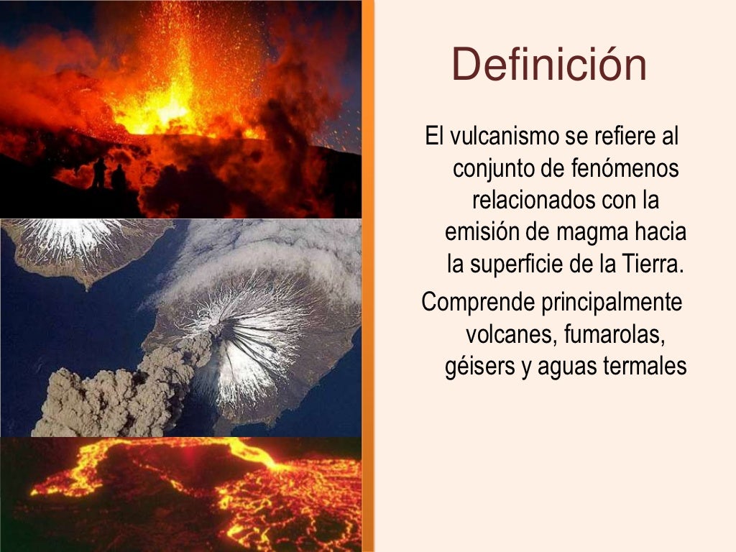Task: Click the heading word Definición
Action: coord(550,64)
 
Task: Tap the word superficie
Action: coord(516,264)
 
